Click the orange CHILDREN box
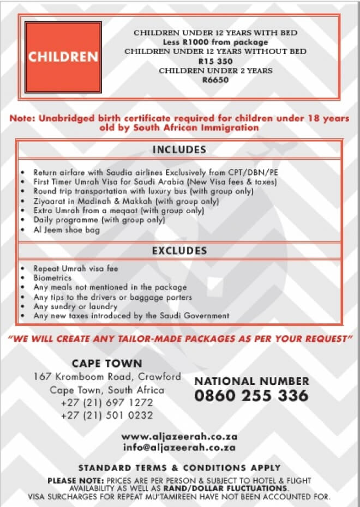(x=63, y=57)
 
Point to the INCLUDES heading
(x=179, y=150)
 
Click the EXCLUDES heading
(x=179, y=251)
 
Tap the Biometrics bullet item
(x=52, y=277)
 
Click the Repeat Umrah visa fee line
(x=75, y=268)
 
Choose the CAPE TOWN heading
(x=107, y=364)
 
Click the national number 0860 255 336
(x=251, y=395)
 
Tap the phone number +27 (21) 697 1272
(x=107, y=403)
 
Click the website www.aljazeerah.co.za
(x=178, y=437)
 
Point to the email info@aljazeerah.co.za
(x=179, y=448)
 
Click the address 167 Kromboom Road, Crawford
(x=107, y=377)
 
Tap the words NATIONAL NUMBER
(x=251, y=381)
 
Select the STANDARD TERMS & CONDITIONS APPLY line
(x=179, y=468)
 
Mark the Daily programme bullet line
(x=99, y=220)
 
